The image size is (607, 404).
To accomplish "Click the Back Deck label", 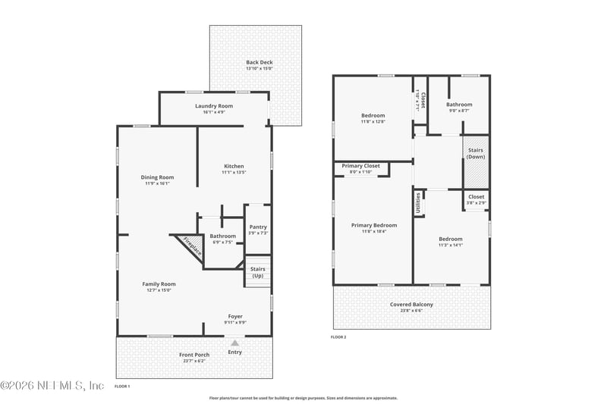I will (x=259, y=62).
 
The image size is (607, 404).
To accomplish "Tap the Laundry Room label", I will (x=213, y=106).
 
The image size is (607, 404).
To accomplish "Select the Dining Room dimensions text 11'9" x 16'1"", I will (x=157, y=183).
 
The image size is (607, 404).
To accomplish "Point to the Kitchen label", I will (x=234, y=166).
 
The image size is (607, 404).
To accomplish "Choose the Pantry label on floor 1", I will (x=258, y=227).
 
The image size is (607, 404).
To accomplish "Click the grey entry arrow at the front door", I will (x=234, y=343).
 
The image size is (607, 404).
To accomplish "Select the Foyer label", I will (x=236, y=316).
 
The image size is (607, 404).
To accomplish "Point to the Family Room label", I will (x=159, y=283).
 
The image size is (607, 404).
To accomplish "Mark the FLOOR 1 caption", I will (x=122, y=387).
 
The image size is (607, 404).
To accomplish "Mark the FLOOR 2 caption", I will (x=338, y=337).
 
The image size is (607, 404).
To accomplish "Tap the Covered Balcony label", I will (x=411, y=304).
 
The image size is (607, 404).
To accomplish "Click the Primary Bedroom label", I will (x=373, y=225).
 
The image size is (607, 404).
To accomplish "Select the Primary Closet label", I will (x=361, y=166).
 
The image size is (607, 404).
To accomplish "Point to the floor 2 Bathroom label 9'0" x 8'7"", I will (x=459, y=105).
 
